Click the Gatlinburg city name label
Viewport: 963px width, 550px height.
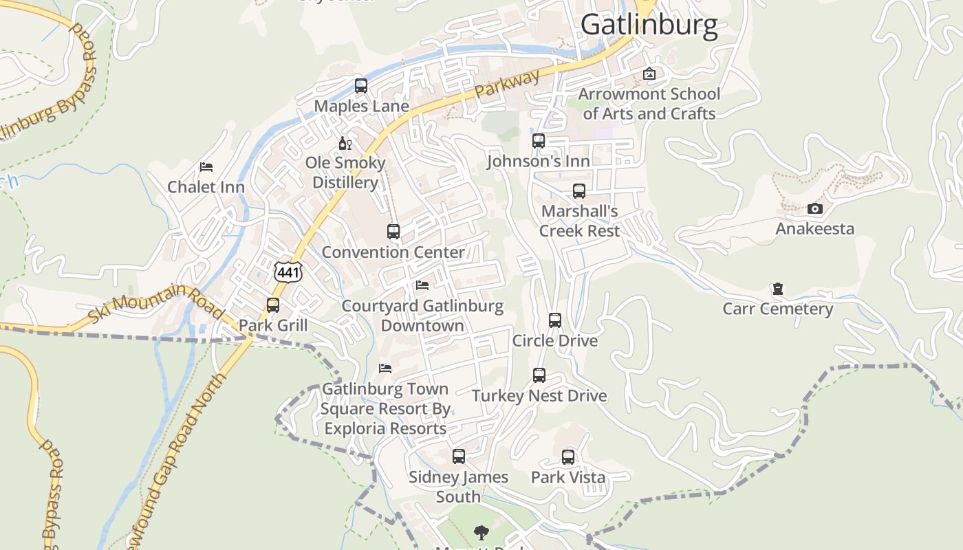tap(649, 24)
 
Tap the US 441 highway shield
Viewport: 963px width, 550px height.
tap(288, 272)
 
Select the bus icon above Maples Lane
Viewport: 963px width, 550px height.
tap(361, 86)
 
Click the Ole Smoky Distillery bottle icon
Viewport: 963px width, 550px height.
tap(345, 143)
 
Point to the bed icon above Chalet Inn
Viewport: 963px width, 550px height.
tap(206, 166)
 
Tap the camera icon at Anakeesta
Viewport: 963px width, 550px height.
tap(814, 208)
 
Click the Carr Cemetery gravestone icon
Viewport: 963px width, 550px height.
tap(777, 289)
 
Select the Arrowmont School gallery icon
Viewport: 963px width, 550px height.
tap(649, 74)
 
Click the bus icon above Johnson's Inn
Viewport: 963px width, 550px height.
tap(539, 141)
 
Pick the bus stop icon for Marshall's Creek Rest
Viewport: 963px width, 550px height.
tap(579, 191)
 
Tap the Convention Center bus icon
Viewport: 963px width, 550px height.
tap(393, 232)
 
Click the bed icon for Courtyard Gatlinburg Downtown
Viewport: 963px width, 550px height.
tap(422, 285)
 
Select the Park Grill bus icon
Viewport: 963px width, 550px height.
tap(273, 305)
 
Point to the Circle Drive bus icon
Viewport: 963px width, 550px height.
tap(555, 320)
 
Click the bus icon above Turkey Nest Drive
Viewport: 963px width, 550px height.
tap(539, 375)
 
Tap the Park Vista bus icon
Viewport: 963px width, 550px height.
tap(568, 457)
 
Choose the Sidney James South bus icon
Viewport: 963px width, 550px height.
tap(458, 456)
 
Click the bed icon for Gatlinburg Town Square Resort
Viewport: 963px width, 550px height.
tap(385, 368)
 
